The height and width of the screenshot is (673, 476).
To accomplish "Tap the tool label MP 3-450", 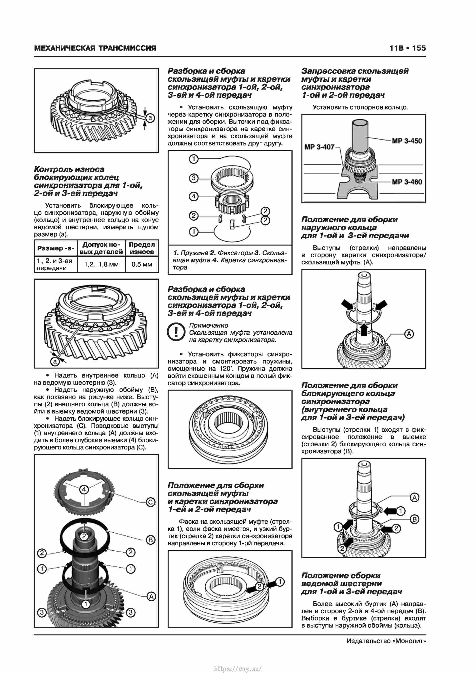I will [x=407, y=141].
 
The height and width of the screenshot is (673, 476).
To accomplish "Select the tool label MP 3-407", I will [x=319, y=147].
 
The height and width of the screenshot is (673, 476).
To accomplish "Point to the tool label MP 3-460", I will [x=407, y=182].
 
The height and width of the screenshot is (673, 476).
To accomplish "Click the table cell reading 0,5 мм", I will [x=142, y=264].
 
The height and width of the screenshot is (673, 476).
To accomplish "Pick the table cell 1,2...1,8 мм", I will [x=101, y=264].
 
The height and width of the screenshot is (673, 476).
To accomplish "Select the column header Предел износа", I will [x=142, y=248].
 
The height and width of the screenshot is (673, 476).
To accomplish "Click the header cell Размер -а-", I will [x=56, y=248].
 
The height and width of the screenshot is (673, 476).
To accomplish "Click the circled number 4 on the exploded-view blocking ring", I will [x=84, y=489].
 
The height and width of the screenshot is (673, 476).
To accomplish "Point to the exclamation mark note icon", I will [x=176, y=332].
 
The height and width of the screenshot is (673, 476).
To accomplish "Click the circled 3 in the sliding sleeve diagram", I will [x=193, y=178].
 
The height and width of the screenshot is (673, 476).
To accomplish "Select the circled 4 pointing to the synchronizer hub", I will [x=193, y=196].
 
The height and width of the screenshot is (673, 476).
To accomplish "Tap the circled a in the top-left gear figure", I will [x=150, y=118].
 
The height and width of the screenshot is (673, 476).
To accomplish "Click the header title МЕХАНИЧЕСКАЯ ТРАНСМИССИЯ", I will [x=95, y=48].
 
